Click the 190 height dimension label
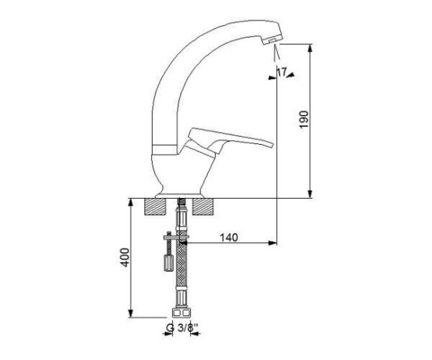coord(304,120)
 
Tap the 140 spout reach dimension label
coord(229,237)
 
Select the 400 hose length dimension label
coord(125,257)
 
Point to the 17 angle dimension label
coord(282,72)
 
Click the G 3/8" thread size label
coord(182,328)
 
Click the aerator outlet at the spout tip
coord(272,41)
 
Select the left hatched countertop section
coord(156,207)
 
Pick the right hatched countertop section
coord(203,207)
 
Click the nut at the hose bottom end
coord(181,312)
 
